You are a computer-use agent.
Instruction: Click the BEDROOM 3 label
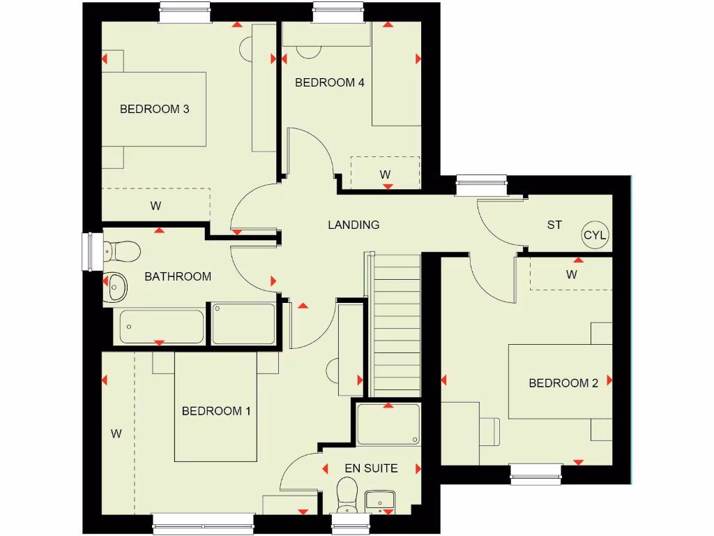click(155, 109)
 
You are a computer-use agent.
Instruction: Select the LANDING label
click(354, 225)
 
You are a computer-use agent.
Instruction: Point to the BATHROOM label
click(178, 276)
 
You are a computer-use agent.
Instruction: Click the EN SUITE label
click(371, 468)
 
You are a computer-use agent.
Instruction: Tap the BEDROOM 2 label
click(563, 383)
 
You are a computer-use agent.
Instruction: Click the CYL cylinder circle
click(595, 235)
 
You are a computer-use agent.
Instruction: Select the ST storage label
click(554, 225)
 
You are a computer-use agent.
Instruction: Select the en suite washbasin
click(380, 500)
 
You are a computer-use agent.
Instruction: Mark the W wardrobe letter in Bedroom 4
click(385, 174)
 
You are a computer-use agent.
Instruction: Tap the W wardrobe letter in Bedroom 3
click(155, 206)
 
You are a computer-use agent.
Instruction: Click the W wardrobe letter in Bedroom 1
click(116, 433)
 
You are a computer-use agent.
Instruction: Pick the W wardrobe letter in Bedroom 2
click(572, 274)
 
